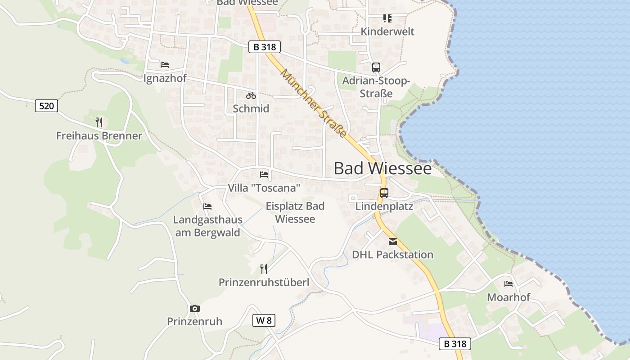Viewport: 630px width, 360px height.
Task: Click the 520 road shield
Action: (x=47, y=106)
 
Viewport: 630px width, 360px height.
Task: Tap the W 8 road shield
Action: (x=264, y=320)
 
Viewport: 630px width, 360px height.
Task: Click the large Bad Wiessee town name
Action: (x=382, y=168)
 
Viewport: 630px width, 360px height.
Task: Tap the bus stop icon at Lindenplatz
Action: (x=384, y=193)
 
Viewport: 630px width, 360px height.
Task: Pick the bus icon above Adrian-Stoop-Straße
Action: (x=376, y=67)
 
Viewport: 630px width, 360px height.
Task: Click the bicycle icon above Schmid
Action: (x=251, y=95)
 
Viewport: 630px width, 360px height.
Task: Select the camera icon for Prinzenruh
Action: (x=195, y=308)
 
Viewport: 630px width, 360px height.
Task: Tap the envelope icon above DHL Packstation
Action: (x=393, y=242)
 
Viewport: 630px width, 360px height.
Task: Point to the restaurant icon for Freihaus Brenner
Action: (x=99, y=122)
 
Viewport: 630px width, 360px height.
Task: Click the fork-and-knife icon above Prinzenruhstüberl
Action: (x=264, y=269)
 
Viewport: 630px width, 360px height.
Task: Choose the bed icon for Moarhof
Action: (x=508, y=284)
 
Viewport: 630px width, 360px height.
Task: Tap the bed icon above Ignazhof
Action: (x=165, y=65)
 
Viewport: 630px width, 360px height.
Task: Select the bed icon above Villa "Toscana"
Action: (x=264, y=175)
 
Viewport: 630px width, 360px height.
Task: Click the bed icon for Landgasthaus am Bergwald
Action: (x=207, y=207)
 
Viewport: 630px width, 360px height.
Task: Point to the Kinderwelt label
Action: (x=387, y=31)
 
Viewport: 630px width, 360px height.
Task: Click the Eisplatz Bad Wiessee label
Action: (x=295, y=212)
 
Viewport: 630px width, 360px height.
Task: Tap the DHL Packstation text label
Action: (x=392, y=255)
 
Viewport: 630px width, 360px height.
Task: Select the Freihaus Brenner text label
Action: (x=99, y=135)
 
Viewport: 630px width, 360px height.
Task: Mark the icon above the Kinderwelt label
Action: (x=387, y=18)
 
